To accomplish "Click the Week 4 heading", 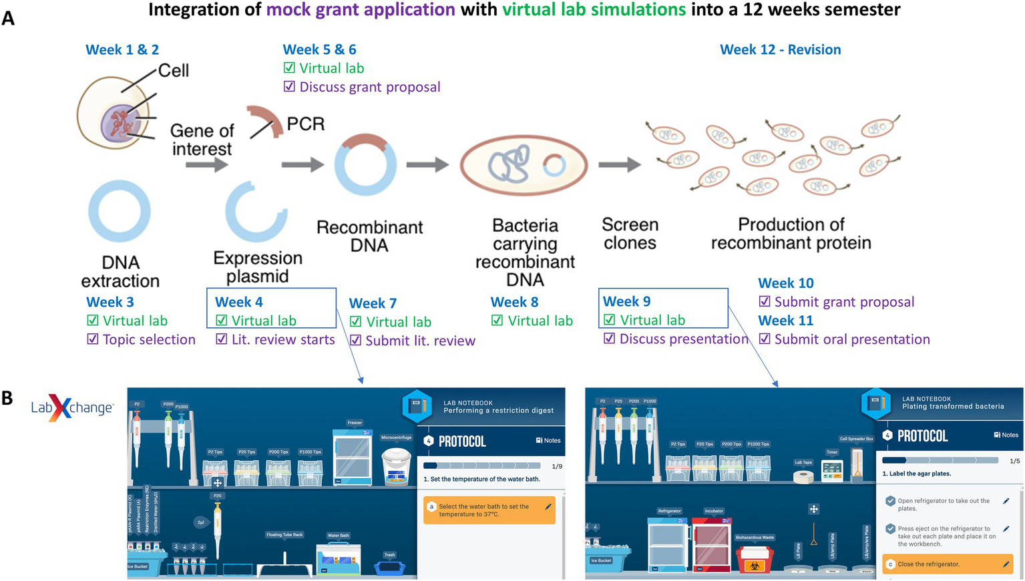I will [x=239, y=302].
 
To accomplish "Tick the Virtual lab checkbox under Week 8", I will [x=497, y=321].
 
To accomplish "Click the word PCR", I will [x=305, y=124].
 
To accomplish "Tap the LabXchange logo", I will [x=72, y=407].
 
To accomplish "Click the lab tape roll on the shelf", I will [x=803, y=476].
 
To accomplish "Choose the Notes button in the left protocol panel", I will [x=548, y=441].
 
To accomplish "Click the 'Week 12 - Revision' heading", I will [x=780, y=49].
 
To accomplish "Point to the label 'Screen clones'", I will [x=630, y=234].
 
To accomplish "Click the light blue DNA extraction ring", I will [x=120, y=212].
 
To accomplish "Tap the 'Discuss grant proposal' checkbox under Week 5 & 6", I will [x=289, y=87].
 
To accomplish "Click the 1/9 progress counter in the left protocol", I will [x=556, y=466].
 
